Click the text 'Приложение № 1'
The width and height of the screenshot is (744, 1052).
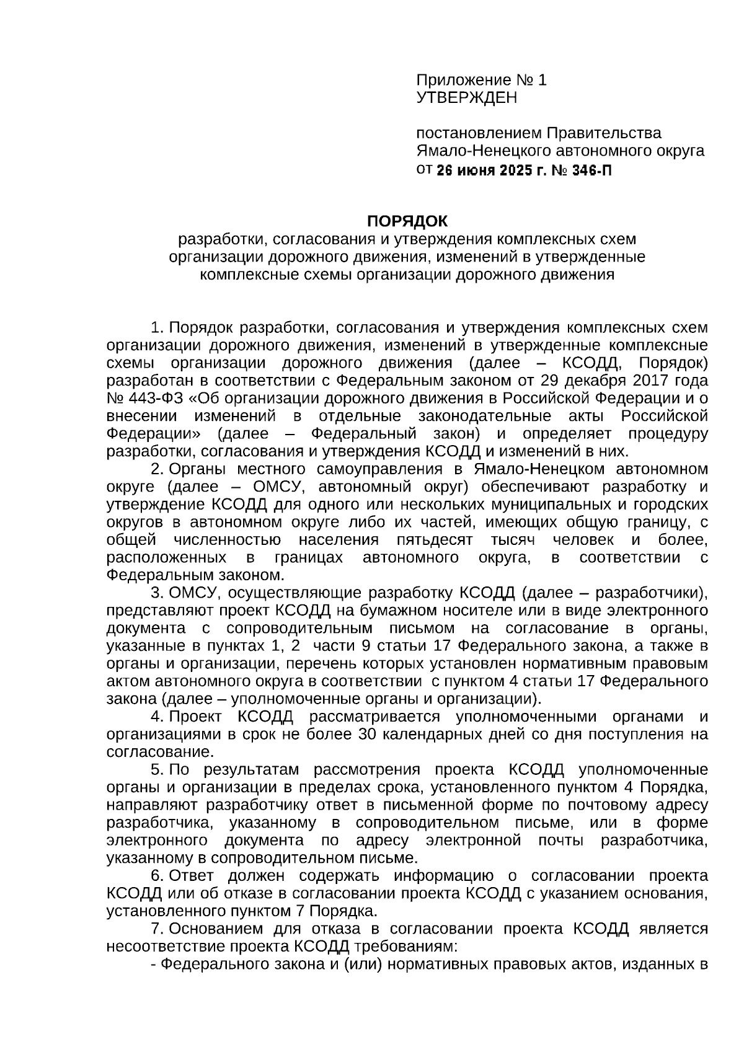481,80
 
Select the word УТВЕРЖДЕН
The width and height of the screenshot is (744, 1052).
466,98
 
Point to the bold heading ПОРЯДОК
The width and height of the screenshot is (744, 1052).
407,221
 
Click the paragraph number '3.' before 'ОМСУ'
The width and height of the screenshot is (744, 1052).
157,593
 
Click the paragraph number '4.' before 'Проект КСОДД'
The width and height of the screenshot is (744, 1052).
157,717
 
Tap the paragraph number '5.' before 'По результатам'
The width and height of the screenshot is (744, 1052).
157,770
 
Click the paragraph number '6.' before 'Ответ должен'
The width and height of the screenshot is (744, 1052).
157,876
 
